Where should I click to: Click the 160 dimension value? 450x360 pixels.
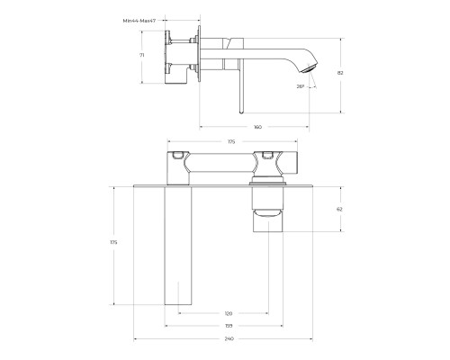257,127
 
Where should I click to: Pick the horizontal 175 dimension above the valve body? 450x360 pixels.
230,141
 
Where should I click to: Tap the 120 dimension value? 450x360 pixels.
229,314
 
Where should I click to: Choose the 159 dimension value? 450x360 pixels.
229,326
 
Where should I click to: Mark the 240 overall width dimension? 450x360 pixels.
229,338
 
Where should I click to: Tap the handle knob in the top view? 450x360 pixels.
266,211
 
